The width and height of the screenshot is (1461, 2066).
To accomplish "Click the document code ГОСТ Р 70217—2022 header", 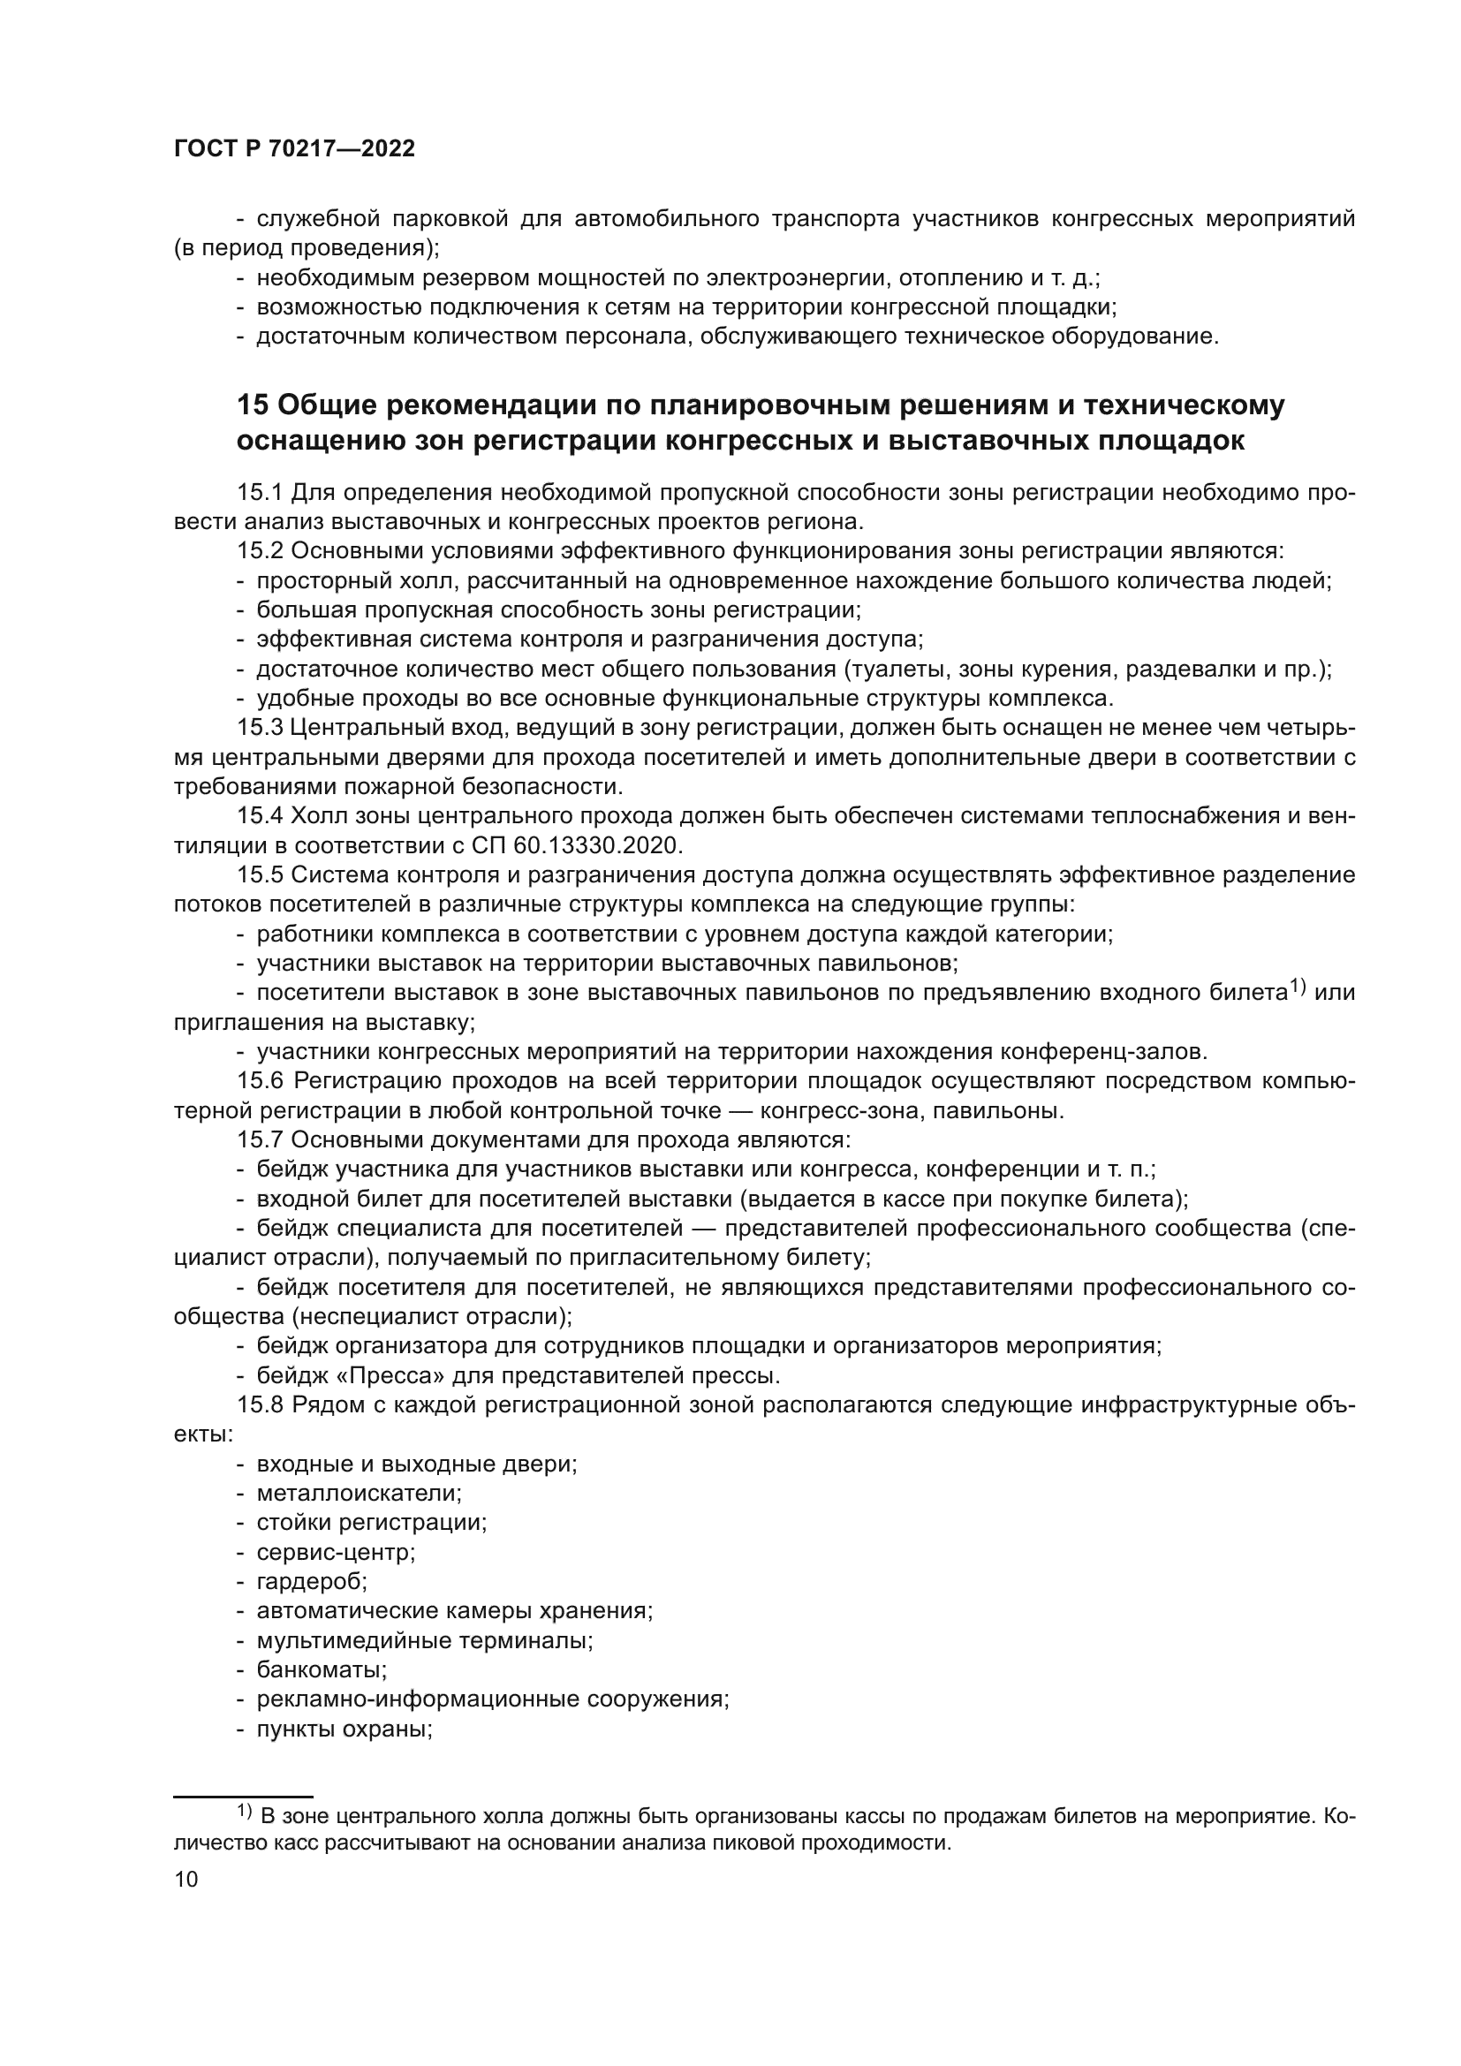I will tap(294, 149).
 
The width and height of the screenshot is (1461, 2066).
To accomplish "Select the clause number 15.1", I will tap(260, 493).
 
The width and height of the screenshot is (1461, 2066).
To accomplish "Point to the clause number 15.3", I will tap(260, 728).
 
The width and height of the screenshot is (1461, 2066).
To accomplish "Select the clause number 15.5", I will tap(260, 875).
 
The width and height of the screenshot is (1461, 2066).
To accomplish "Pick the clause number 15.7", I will tap(260, 1140).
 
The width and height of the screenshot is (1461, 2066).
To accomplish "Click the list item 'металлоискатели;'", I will tap(359, 1494).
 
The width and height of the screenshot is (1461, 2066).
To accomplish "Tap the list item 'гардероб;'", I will tap(312, 1581).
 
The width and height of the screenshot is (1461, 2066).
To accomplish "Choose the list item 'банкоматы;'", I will tap(322, 1670).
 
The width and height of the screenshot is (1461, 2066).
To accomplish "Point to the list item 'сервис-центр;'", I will tap(336, 1552).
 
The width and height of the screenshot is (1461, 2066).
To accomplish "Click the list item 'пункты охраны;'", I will tap(344, 1729).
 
